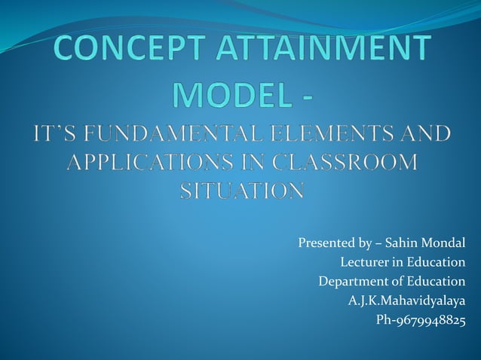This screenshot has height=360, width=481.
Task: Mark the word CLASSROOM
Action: (342, 163)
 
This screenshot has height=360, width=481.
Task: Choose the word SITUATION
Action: (241, 191)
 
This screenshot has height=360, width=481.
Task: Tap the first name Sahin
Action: (402, 243)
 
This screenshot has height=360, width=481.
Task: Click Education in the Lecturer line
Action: (435, 263)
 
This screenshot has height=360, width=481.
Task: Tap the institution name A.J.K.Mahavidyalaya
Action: (406, 301)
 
